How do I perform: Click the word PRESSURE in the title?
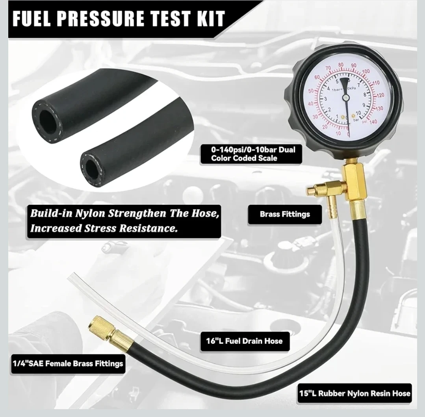pos(102,19)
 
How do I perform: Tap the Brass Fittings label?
pos(285,214)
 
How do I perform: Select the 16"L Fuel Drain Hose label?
pos(244,341)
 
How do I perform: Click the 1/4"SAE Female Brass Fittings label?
pos(68,363)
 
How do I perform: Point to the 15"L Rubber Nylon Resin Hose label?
pos(354,393)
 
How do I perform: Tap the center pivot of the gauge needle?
pos(345,98)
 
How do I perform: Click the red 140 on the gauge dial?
pos(373,122)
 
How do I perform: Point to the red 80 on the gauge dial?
pos(341,65)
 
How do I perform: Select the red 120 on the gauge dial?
pos(380,95)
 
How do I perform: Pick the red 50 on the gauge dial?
pos(311,91)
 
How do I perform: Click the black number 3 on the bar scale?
pos(325,99)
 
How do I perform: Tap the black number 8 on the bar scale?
pos(365,95)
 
